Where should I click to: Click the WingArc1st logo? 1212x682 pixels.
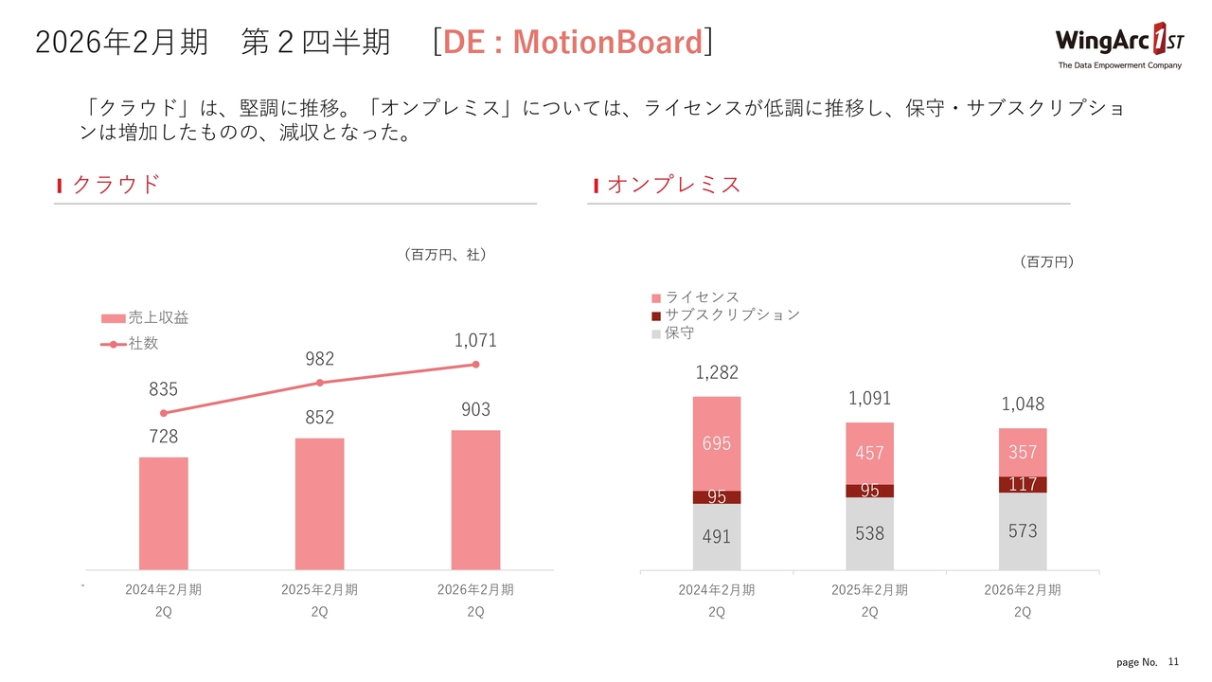1118,44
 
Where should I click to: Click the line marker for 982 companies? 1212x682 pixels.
320,383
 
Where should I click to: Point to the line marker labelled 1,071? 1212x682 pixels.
476,365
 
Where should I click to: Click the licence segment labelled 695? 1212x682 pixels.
716,443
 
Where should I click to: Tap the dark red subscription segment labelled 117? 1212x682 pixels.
1023,484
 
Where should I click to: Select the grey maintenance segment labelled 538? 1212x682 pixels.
869,534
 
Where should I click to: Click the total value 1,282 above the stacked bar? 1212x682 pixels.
716,372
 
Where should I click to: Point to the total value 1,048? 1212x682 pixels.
1023,404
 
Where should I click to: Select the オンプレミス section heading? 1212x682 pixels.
673,185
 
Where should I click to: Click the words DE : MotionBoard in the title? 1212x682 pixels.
572,43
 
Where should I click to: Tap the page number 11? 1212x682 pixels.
1173,660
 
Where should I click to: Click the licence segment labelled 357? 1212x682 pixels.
1023,452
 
